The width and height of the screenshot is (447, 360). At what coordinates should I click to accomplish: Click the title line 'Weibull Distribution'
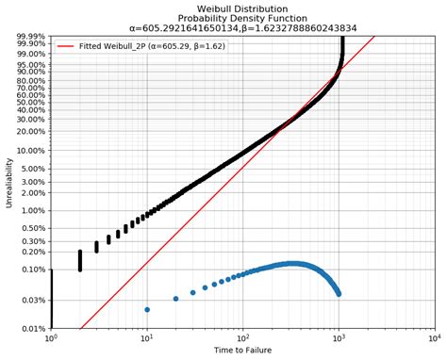tap(242, 8)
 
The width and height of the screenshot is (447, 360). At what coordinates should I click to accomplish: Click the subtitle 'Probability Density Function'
tap(242, 18)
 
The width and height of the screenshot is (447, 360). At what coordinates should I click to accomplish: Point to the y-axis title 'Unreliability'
tap(9, 183)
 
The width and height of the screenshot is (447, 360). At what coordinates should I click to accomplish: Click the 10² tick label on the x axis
tap(242, 338)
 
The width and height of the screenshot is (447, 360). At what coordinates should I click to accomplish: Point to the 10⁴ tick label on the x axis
tap(433, 338)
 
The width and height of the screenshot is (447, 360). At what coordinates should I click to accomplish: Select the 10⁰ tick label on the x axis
tap(51, 338)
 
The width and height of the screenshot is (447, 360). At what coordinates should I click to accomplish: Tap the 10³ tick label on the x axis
tap(338, 338)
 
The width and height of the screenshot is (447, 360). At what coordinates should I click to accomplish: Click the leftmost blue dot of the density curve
tap(147, 309)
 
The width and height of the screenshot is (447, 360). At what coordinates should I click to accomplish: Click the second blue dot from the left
tap(175, 299)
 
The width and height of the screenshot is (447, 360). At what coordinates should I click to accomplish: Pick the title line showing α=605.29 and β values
tap(242, 29)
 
